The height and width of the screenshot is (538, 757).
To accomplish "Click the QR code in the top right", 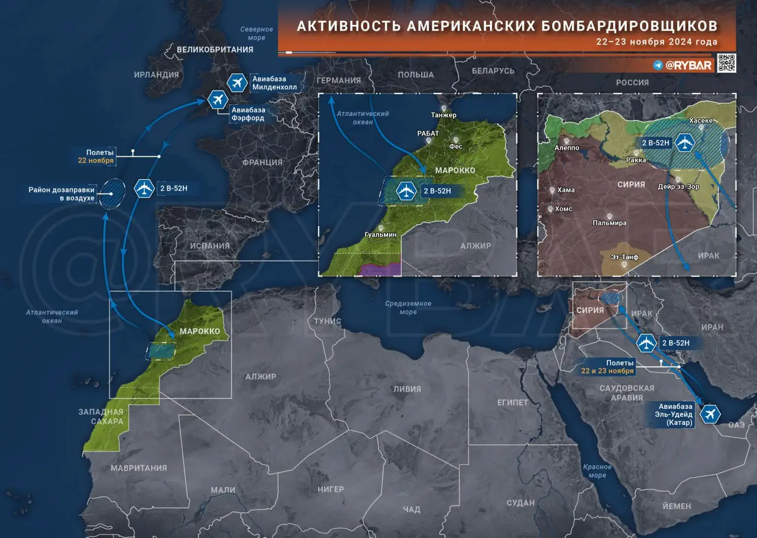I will [x=726, y=63].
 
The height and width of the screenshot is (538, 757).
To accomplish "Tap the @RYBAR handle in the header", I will [x=689, y=65].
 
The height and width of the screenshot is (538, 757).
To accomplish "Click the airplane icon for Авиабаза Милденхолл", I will [x=237, y=83].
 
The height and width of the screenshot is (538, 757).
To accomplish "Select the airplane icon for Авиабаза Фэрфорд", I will [x=218, y=99].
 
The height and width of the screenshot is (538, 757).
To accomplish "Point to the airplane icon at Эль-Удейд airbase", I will [x=710, y=414].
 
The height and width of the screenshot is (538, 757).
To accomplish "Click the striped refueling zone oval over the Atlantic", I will [x=111, y=194].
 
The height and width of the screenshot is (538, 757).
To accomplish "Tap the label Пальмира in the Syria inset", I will [x=609, y=223].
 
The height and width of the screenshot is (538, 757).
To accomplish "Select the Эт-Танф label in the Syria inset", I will [x=625, y=257].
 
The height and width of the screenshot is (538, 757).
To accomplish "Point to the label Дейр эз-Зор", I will [x=678, y=186].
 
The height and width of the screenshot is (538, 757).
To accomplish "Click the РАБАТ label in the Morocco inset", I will [x=428, y=133].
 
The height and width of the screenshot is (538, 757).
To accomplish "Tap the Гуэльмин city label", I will [x=381, y=235].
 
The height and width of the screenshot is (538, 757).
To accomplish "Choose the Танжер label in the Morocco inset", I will [x=444, y=115].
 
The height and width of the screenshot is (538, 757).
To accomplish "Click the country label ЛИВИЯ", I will [x=407, y=389].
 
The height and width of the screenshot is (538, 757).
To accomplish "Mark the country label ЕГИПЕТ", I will [x=512, y=402].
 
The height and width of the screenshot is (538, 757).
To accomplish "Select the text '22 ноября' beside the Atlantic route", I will [x=96, y=160].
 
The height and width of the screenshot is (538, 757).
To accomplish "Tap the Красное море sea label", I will [x=597, y=471].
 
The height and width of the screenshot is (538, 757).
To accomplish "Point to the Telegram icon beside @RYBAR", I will [x=658, y=65].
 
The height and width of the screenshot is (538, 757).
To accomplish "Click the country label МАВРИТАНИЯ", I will [x=139, y=468].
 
